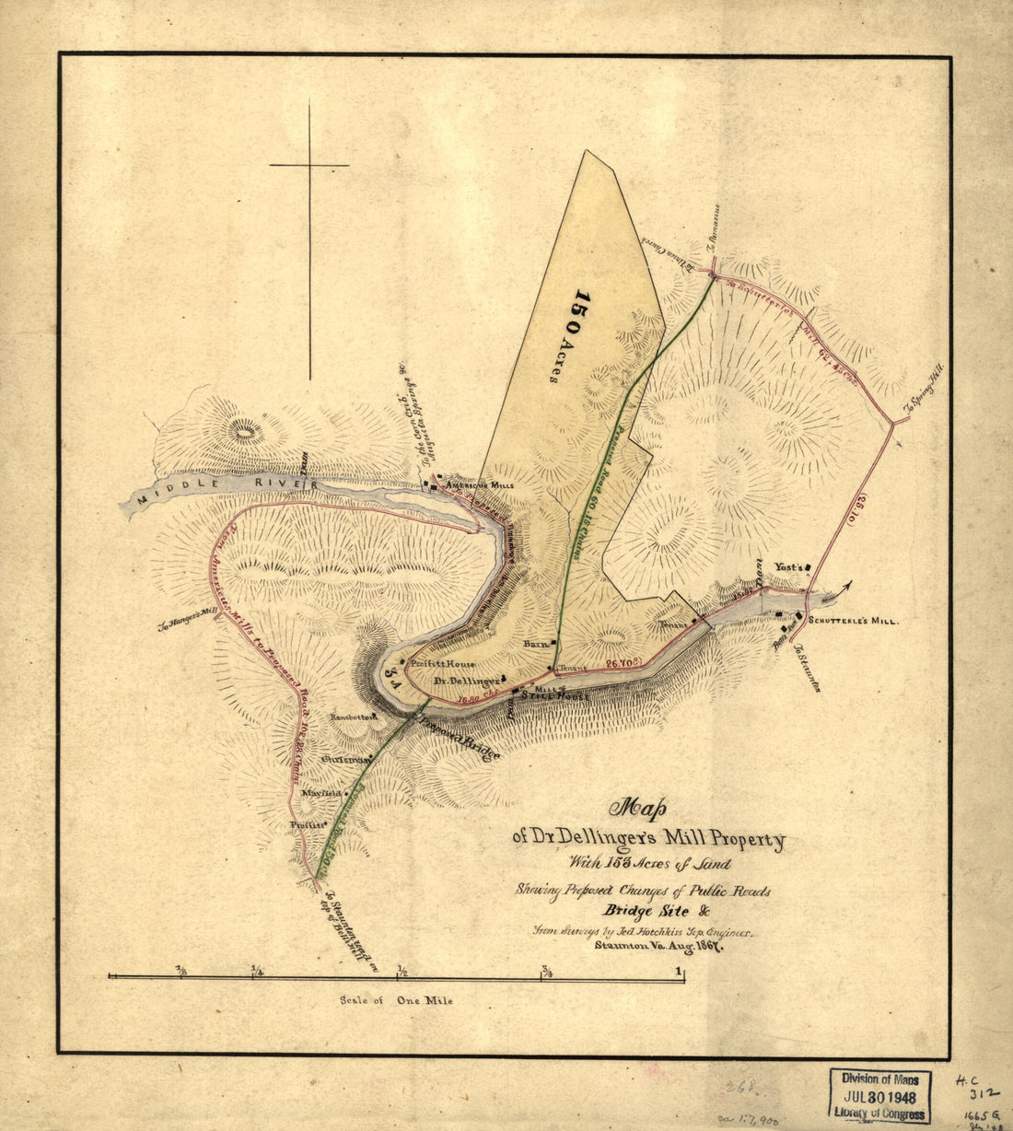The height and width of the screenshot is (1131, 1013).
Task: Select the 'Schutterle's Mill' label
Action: (853, 621)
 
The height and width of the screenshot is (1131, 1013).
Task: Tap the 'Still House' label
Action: (553, 696)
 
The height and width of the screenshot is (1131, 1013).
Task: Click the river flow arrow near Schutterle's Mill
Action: (839, 591)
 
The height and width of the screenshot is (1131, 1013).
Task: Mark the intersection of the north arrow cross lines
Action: (309, 166)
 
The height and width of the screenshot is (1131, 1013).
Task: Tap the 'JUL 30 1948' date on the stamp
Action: (879, 1098)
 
